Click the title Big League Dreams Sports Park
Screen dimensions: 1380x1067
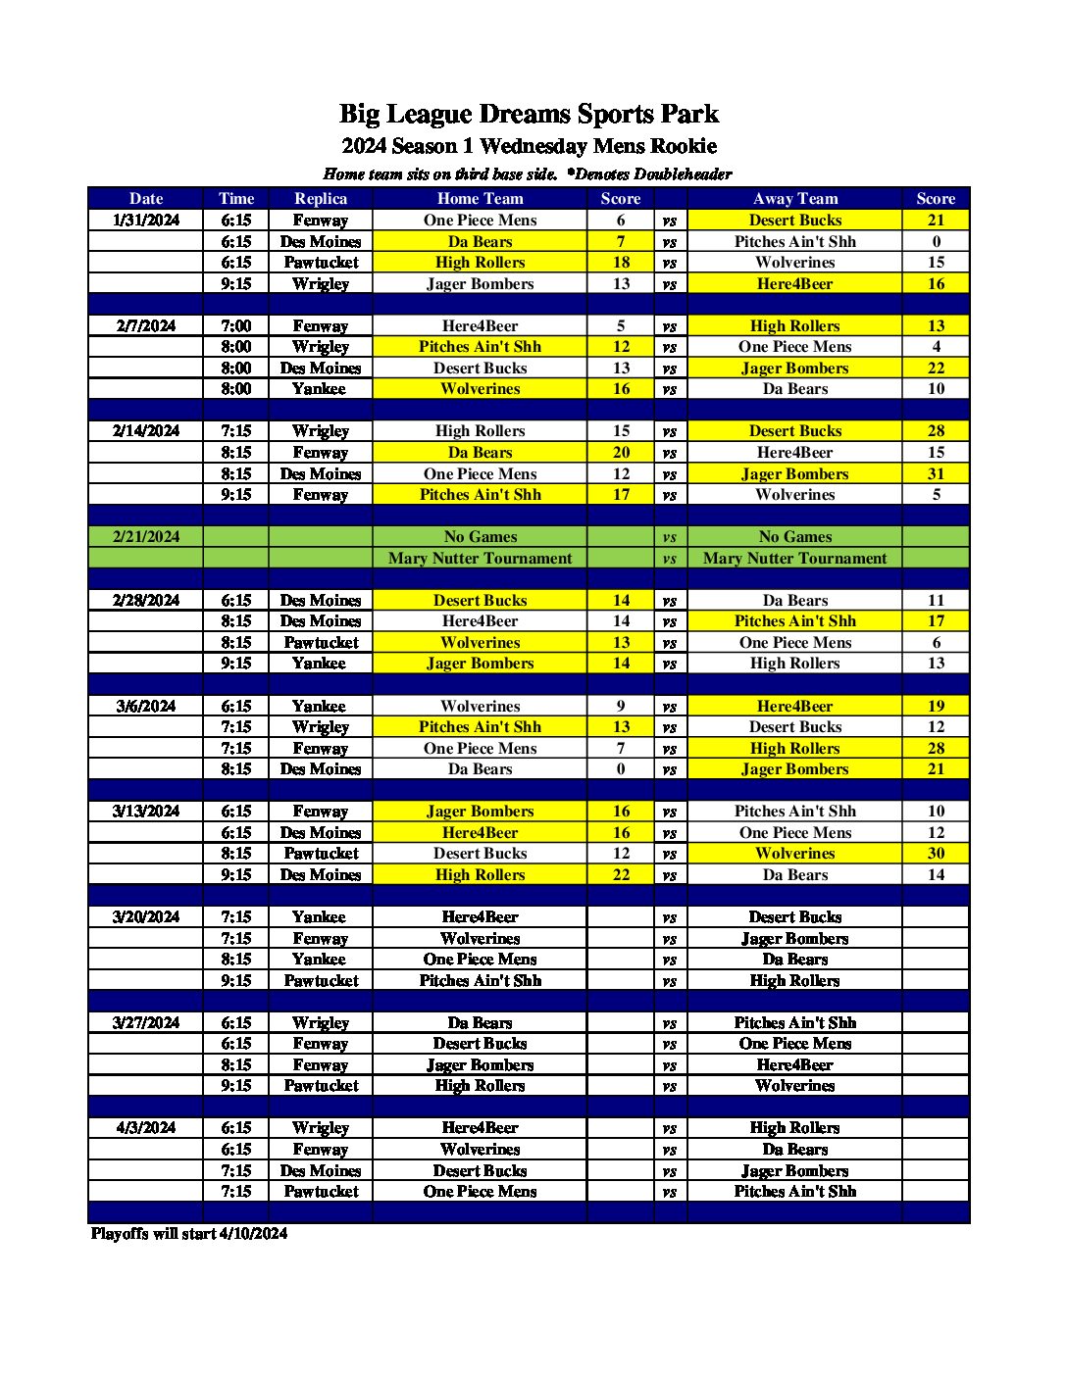(x=529, y=114)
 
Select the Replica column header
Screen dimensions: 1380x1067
(x=321, y=198)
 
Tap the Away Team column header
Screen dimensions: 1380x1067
(x=794, y=198)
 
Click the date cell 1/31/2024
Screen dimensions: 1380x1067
(x=146, y=221)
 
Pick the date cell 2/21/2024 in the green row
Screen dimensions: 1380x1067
(x=146, y=537)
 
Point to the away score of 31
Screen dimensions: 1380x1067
(x=936, y=473)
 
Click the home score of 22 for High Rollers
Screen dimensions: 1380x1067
(x=621, y=874)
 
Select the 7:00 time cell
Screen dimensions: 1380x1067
(x=235, y=325)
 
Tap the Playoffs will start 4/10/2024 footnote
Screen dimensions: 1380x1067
(x=189, y=1233)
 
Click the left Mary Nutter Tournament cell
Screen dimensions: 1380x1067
(x=480, y=559)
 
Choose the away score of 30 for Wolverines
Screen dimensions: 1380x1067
(x=936, y=854)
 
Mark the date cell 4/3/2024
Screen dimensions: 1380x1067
(x=146, y=1128)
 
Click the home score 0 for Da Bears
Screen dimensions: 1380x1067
(x=621, y=769)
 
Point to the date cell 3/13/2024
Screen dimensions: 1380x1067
(x=146, y=812)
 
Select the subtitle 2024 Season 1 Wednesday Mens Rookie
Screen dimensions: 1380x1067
(x=529, y=146)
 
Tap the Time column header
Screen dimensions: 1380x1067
(x=235, y=198)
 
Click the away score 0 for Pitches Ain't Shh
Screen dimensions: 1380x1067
(x=936, y=242)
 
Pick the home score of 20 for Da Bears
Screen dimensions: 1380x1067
(x=621, y=453)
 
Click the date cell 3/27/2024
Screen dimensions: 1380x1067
(x=146, y=1022)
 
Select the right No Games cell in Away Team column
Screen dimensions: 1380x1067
(x=794, y=537)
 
